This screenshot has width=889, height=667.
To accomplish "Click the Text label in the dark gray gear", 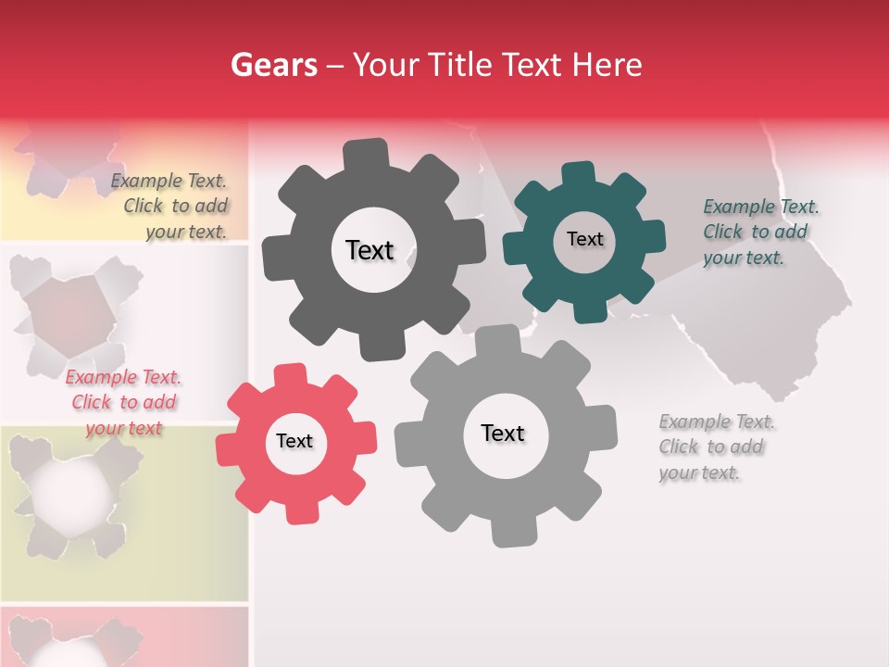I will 369,250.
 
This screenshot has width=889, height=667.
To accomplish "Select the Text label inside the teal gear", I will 584,239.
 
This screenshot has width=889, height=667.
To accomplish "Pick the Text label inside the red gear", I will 294,441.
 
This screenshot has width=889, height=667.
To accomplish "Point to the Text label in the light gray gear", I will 503,433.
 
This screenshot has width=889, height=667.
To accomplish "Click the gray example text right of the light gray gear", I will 717,447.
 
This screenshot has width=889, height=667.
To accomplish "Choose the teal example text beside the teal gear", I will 760,233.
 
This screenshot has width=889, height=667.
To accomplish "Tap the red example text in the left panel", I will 123,403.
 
